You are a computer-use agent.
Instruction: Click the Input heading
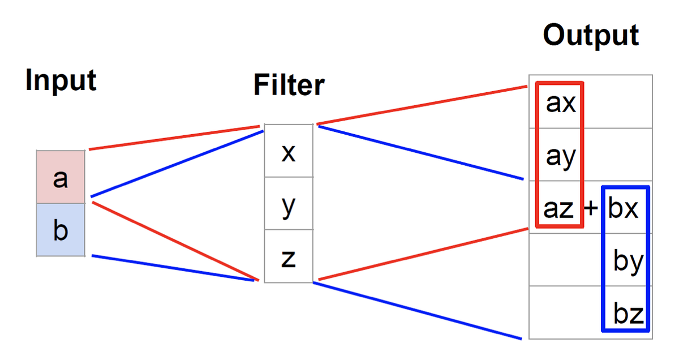[61, 81]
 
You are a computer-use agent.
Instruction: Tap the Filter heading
[289, 85]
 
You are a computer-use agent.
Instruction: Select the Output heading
[591, 35]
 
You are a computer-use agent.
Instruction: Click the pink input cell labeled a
[61, 178]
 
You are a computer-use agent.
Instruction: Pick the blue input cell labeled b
[61, 230]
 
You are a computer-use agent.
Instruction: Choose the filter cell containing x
[289, 151]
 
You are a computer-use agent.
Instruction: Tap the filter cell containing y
[289, 204]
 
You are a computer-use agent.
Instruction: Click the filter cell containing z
[289, 257]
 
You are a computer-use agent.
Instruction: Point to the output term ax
[560, 104]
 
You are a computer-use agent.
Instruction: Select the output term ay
[560, 156]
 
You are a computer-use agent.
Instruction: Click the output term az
[559, 209]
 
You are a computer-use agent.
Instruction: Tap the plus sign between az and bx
[591, 209]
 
